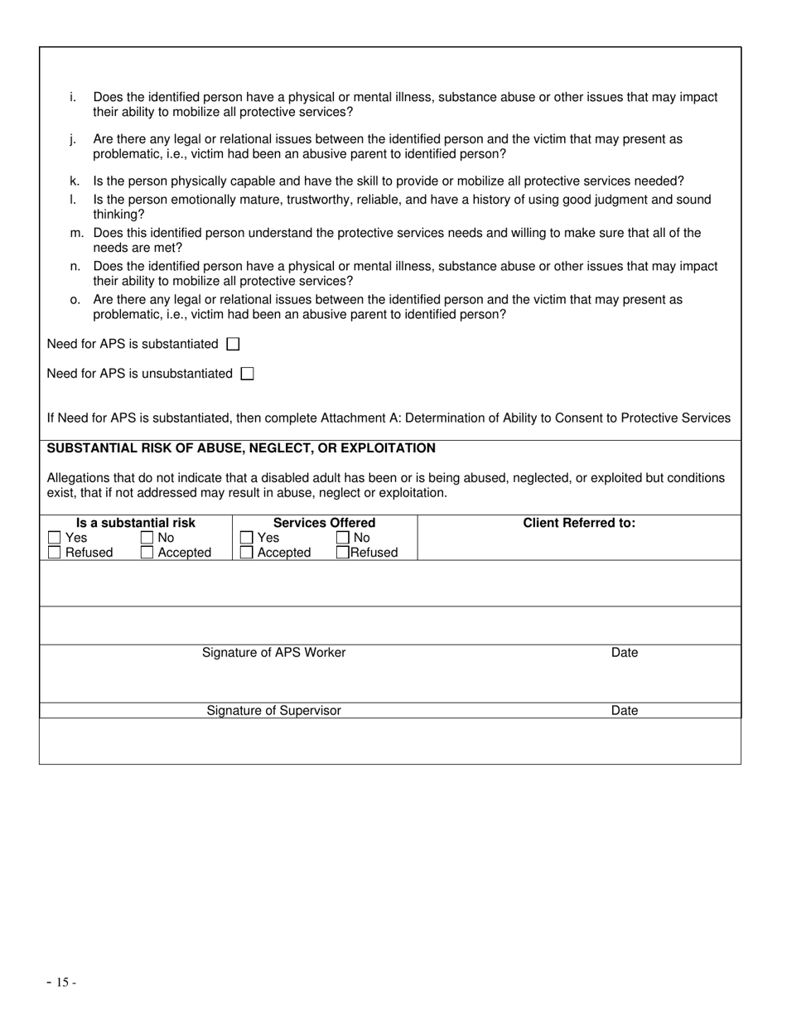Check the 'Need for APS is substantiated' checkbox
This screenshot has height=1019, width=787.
point(233,344)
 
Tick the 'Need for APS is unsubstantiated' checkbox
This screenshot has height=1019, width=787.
point(247,374)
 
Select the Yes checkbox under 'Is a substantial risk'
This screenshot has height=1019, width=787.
point(55,538)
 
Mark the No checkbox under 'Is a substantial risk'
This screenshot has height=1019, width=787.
point(147,538)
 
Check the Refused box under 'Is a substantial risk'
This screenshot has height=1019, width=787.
point(55,553)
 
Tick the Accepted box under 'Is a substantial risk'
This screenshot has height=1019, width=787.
point(147,553)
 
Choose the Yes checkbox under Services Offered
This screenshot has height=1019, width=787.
point(246,538)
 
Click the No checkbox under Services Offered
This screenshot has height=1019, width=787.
point(343,538)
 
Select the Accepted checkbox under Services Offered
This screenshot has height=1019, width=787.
point(246,553)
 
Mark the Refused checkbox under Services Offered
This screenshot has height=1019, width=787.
point(343,553)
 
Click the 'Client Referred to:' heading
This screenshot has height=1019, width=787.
point(579,523)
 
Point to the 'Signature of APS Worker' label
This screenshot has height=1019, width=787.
point(273,653)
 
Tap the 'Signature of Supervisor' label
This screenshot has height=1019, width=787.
point(273,711)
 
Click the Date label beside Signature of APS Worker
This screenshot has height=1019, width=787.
point(625,653)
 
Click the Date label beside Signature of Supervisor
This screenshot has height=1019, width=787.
point(625,711)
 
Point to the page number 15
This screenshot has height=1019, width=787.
point(62,983)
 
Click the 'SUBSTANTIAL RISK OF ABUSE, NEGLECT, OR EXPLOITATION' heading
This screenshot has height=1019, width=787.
point(241,448)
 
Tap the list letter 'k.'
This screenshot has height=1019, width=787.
point(75,181)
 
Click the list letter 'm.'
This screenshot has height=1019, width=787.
point(76,234)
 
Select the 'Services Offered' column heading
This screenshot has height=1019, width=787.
point(324,523)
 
